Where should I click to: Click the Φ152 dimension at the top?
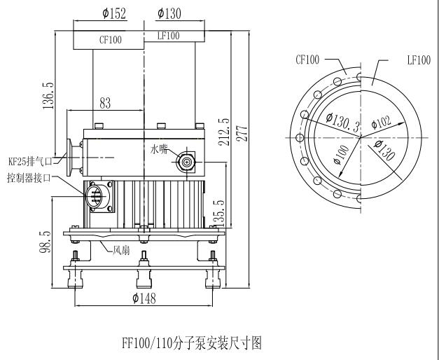113,13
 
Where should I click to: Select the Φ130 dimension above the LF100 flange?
169,13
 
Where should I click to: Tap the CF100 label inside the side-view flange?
109,40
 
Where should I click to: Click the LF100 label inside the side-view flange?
168,36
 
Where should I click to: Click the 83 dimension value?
105,104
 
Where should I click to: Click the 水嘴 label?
159,149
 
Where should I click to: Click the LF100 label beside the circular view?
418,60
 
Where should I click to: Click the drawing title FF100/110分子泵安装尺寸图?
191,343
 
